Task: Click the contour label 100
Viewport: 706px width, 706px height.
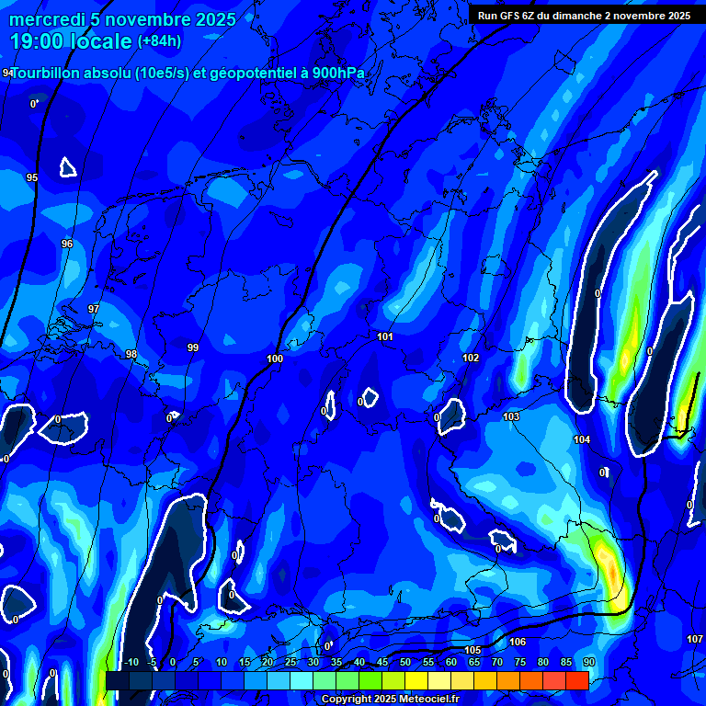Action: pos(275,359)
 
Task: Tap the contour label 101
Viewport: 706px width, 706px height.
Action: pos(385,336)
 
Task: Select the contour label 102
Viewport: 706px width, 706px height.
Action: pos(471,358)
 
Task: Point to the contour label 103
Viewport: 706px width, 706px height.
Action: pos(511,416)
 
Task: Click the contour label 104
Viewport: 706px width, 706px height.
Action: pos(582,439)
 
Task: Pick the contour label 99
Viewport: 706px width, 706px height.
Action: pos(193,347)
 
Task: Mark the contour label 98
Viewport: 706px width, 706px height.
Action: pos(131,354)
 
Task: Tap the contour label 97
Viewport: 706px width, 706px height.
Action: pos(93,309)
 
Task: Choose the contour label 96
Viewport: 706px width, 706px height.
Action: pos(67,244)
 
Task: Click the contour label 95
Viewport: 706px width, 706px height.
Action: pos(32,177)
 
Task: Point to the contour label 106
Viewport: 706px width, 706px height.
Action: pos(518,642)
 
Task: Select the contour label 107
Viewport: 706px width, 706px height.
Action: pos(695,639)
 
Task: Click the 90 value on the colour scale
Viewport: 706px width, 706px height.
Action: pos(588,662)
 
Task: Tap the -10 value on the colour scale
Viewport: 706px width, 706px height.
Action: pos(131,662)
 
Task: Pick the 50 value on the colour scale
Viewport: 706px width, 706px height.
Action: pos(405,662)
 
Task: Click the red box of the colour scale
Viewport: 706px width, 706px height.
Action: pos(576,680)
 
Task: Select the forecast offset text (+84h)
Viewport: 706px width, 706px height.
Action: pos(159,40)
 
